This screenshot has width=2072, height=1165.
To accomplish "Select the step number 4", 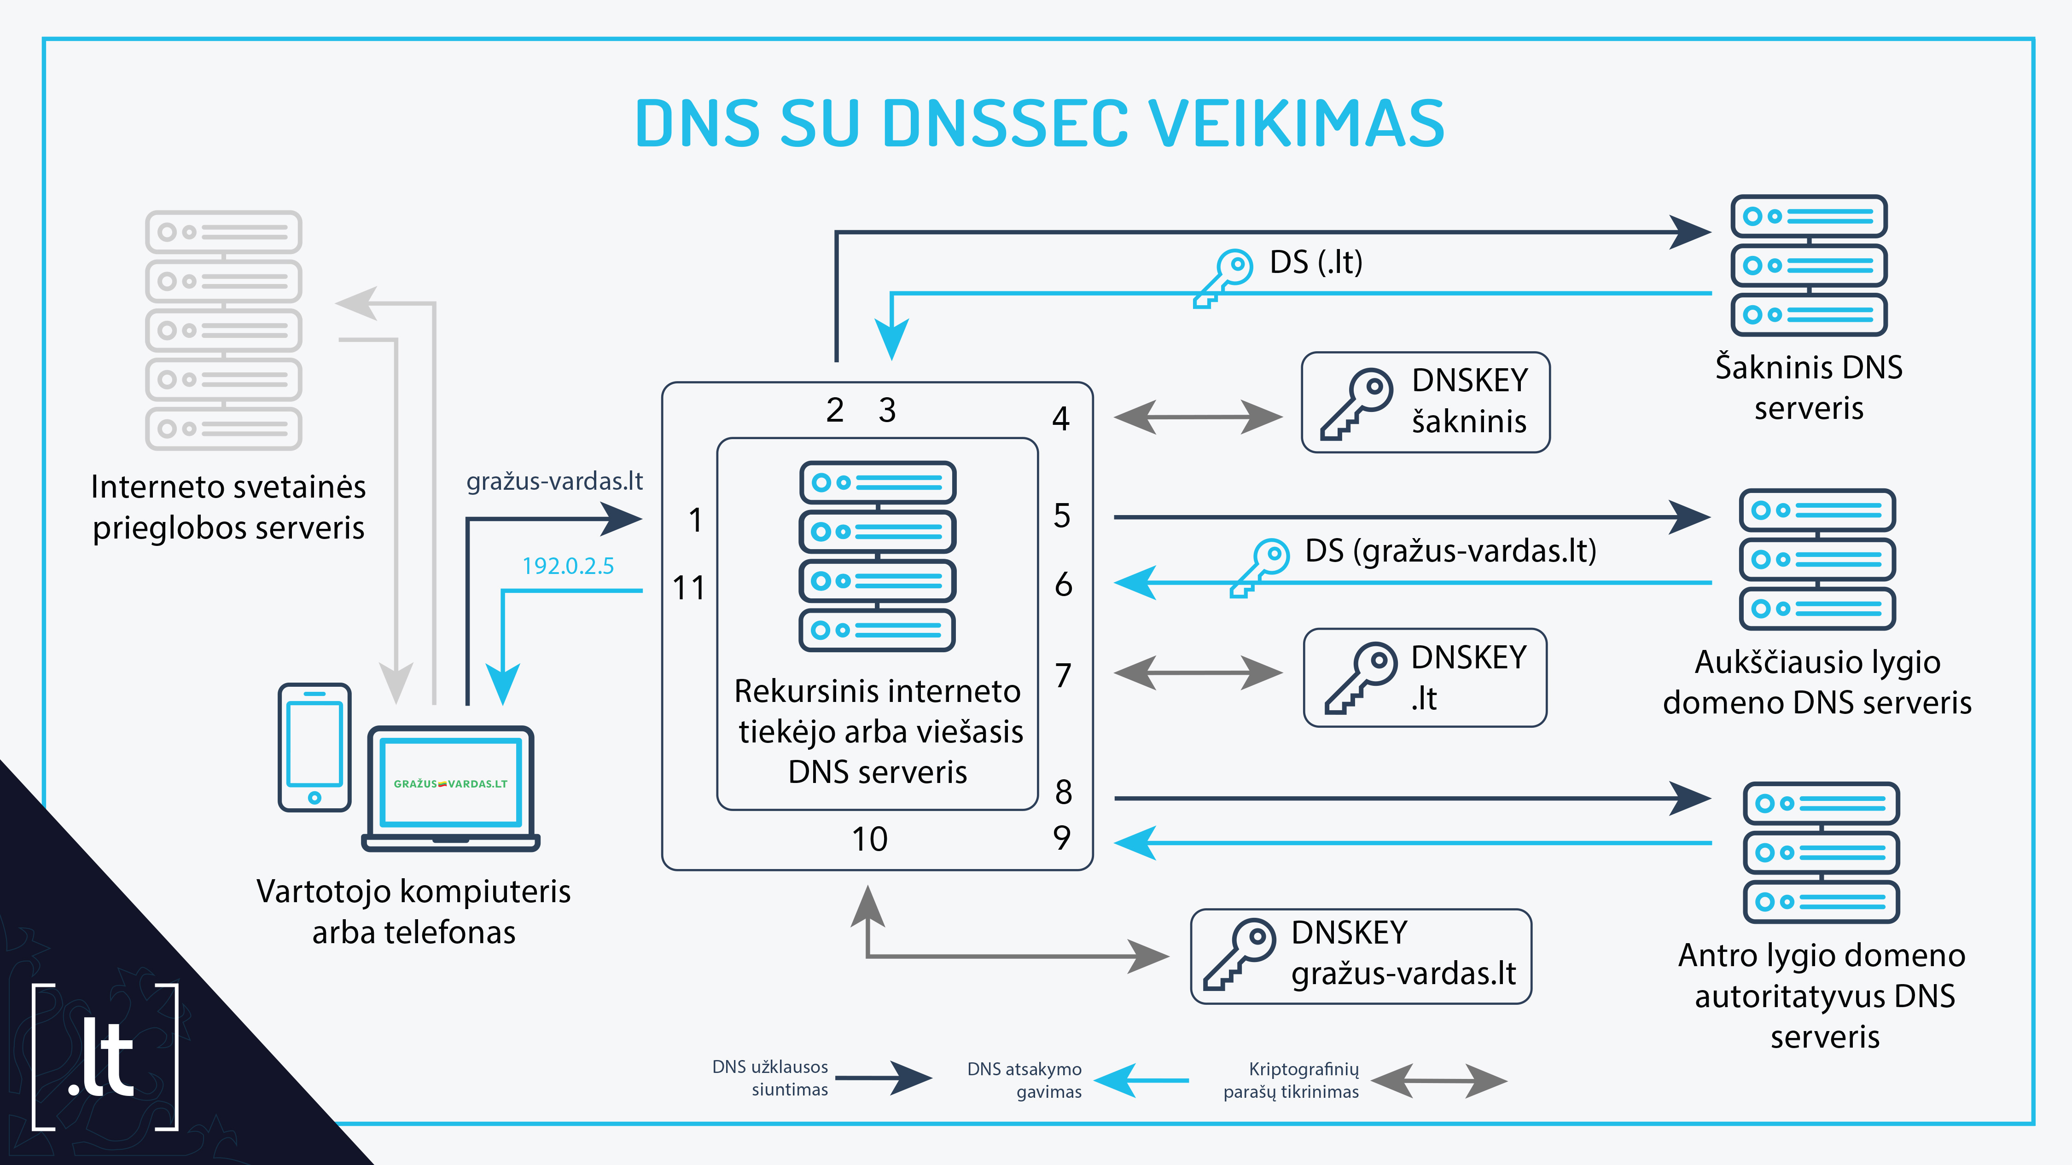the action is [1061, 418].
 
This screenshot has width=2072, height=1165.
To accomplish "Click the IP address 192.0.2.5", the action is [568, 566].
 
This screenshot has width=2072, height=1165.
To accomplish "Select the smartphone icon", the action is [314, 748].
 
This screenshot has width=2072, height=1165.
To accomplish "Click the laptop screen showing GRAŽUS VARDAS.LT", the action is [450, 783].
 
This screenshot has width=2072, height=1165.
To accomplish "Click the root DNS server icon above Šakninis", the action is [1809, 265].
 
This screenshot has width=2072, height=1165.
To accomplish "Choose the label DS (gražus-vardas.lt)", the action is [1450, 551].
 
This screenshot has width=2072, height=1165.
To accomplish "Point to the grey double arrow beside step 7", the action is [1199, 672].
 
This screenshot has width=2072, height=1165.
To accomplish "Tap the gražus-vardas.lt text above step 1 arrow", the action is [555, 481].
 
